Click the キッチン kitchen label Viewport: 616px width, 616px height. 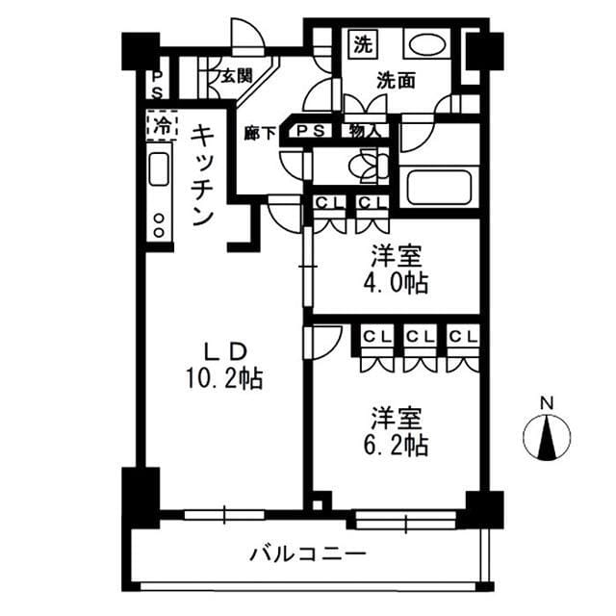(202, 174)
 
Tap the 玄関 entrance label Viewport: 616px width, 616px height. (236, 75)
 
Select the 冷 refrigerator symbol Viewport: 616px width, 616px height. (161, 123)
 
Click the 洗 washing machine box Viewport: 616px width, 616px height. (362, 43)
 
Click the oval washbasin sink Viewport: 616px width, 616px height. (423, 44)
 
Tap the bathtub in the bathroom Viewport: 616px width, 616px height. (438, 186)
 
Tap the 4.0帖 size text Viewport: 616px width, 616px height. (396, 283)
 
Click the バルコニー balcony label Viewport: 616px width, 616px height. (308, 554)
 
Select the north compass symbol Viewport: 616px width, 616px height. (547, 438)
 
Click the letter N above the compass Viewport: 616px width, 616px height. (547, 402)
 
